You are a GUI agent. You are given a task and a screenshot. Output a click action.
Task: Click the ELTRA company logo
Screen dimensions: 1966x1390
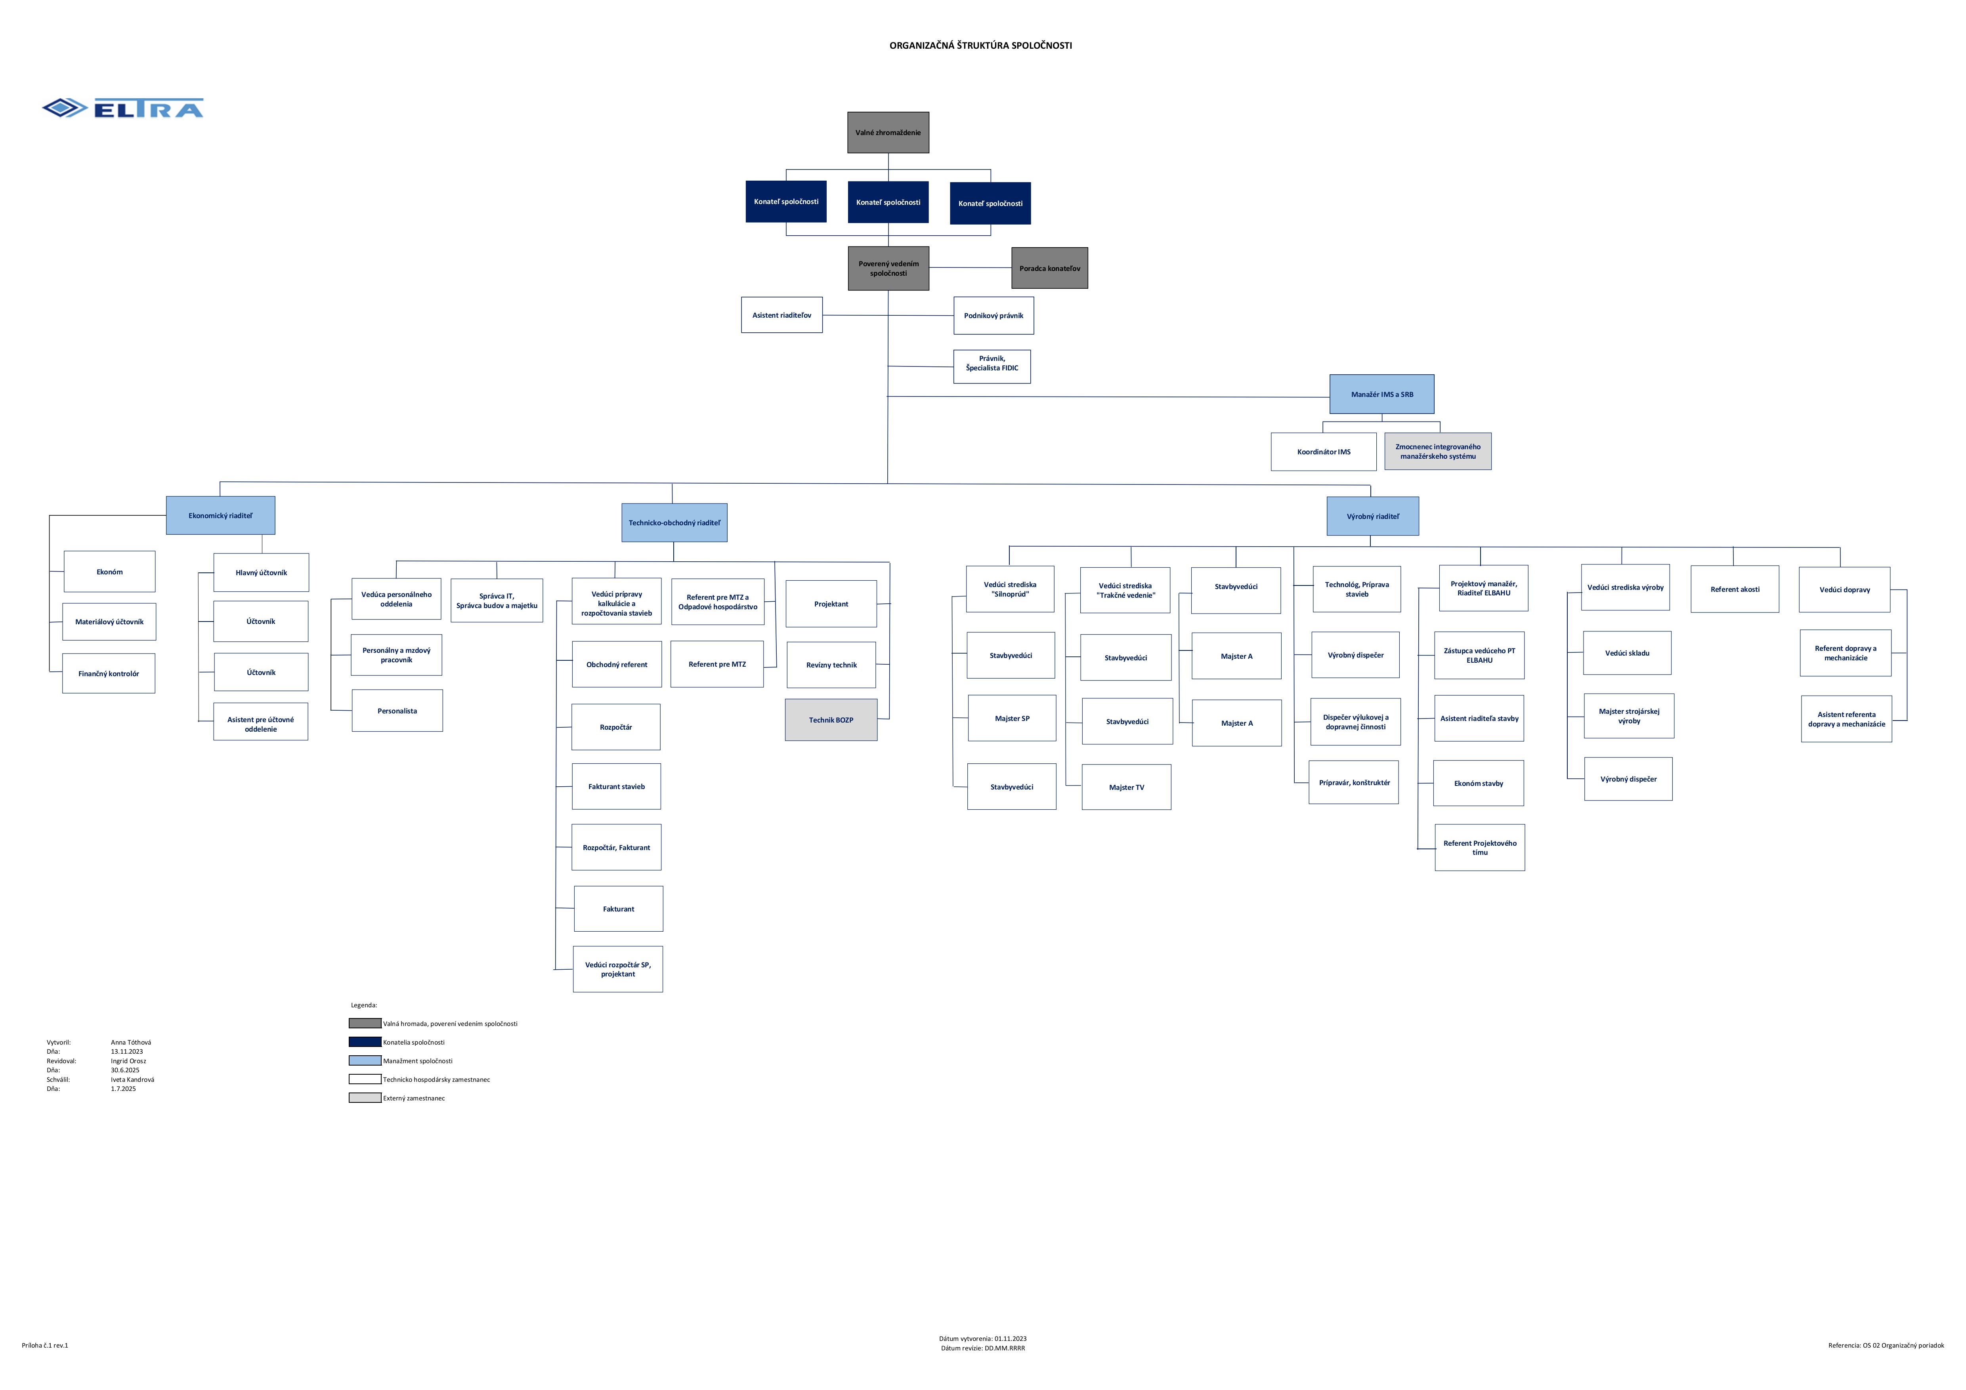tap(122, 108)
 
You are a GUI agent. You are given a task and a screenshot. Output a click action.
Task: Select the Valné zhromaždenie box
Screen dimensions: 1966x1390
tap(888, 133)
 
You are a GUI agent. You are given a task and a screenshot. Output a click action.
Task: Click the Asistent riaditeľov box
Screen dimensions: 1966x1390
tap(782, 315)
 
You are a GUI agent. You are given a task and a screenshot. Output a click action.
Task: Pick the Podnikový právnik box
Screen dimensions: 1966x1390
tap(993, 316)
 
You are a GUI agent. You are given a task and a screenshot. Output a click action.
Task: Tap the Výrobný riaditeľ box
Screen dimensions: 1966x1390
tap(1373, 516)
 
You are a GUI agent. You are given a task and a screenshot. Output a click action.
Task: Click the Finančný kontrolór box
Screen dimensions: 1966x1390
tap(109, 673)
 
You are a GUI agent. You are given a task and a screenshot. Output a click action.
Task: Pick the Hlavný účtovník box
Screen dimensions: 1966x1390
tap(261, 573)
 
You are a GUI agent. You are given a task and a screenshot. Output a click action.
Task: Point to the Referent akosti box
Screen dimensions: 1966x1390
tap(1735, 589)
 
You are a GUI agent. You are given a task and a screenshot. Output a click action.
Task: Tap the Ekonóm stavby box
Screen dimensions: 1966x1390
tap(1479, 783)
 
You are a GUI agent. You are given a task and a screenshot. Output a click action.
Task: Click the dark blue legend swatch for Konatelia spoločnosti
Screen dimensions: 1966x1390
tap(365, 1042)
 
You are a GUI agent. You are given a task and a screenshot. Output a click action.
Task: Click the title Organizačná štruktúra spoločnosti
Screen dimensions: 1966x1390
tap(980, 46)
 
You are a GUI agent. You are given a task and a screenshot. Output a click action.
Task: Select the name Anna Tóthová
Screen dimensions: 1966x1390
tap(131, 1043)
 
